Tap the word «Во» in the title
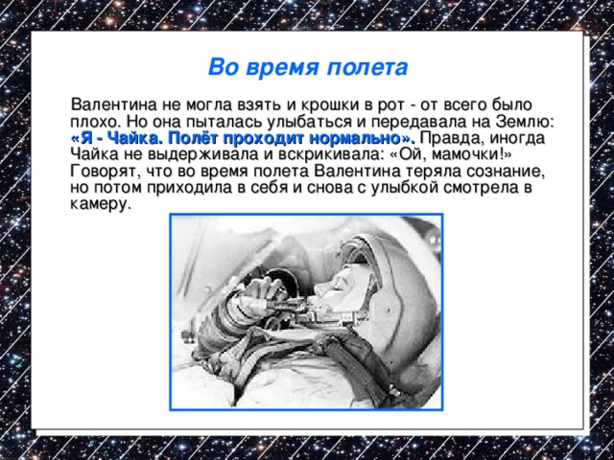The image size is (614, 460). pos(222,69)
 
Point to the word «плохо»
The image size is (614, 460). pos(94,121)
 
